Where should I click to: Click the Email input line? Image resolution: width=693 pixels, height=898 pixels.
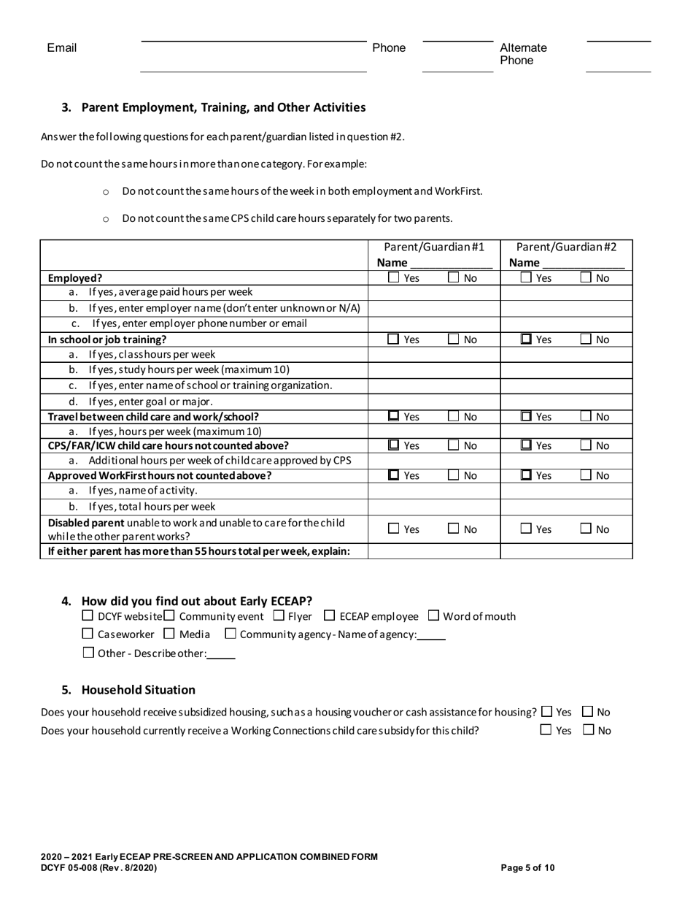253,57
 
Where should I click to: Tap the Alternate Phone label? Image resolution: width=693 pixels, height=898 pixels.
523,54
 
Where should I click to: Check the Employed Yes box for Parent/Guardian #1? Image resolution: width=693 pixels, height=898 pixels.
394,277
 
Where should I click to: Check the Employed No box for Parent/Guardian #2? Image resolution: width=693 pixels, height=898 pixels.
586,277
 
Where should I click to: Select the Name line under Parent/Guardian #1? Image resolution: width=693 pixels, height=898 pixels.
451,263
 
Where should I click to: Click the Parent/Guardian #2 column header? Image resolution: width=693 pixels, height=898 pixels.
566,247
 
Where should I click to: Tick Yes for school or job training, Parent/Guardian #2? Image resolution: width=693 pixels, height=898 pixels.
526,339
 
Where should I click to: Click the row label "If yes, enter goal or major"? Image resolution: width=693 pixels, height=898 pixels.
150,402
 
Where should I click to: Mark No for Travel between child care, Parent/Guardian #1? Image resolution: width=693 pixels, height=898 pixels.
454,417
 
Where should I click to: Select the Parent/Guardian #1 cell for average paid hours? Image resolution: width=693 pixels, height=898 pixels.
433,292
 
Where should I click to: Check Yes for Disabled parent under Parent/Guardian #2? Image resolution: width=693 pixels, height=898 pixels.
526,529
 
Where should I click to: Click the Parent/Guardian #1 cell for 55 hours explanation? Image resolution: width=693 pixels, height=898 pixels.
433,551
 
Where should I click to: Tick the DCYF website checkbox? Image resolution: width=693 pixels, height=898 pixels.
88,615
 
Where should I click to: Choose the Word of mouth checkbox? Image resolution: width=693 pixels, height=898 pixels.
433,615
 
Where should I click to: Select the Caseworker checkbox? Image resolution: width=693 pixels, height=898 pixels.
88,634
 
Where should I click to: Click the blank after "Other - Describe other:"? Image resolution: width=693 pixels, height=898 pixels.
221,653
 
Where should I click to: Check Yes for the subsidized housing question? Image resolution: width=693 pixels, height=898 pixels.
547,712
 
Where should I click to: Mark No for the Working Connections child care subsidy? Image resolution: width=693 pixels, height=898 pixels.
588,729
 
